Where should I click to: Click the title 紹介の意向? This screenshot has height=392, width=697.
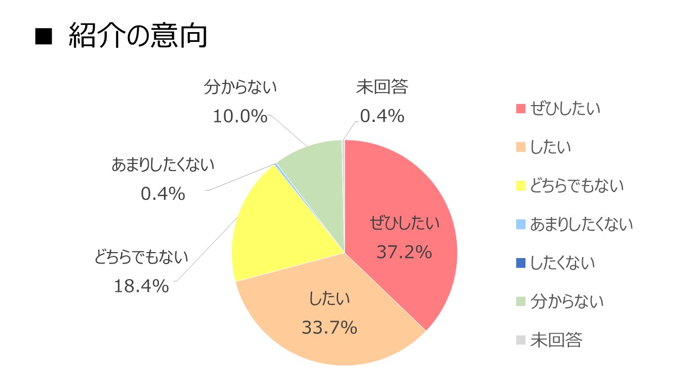point(138,36)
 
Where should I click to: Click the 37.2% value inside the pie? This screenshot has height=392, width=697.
point(405,252)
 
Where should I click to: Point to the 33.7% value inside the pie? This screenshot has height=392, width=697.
point(329,328)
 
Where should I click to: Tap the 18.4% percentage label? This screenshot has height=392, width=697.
point(141,286)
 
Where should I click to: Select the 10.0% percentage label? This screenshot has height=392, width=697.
point(240,116)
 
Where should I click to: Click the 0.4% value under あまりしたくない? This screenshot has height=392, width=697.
point(163,193)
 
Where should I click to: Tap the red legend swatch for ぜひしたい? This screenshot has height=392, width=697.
point(521,108)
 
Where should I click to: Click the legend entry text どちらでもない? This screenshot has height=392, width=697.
point(577,186)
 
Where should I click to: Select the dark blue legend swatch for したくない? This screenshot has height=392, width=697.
point(521,263)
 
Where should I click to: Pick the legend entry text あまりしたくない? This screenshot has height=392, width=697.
point(582,224)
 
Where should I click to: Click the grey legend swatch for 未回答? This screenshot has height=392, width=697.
point(521,340)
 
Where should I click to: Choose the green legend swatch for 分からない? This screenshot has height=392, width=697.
point(521,302)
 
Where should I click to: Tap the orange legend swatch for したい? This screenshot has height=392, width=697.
point(521,147)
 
